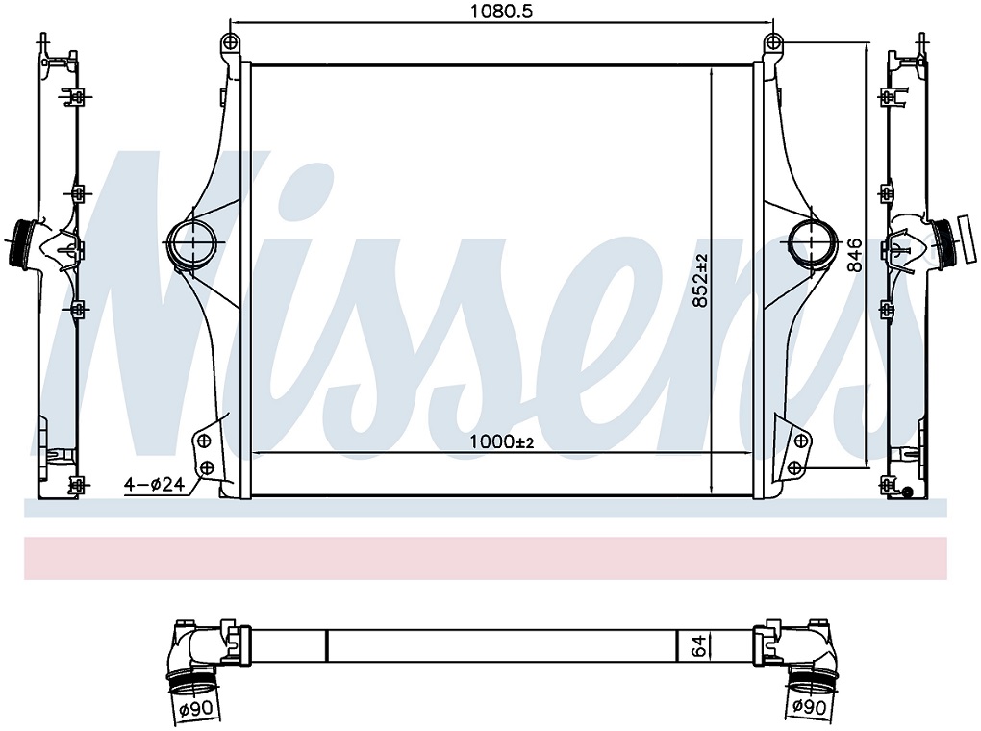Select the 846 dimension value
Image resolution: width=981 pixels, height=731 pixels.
(x=855, y=255)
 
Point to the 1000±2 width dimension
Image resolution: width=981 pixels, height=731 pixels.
(x=502, y=442)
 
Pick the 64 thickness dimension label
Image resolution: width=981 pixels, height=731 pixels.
(x=699, y=644)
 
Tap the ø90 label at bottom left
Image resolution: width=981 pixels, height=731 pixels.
(x=196, y=709)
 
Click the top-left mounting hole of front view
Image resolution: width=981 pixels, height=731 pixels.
(x=231, y=42)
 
